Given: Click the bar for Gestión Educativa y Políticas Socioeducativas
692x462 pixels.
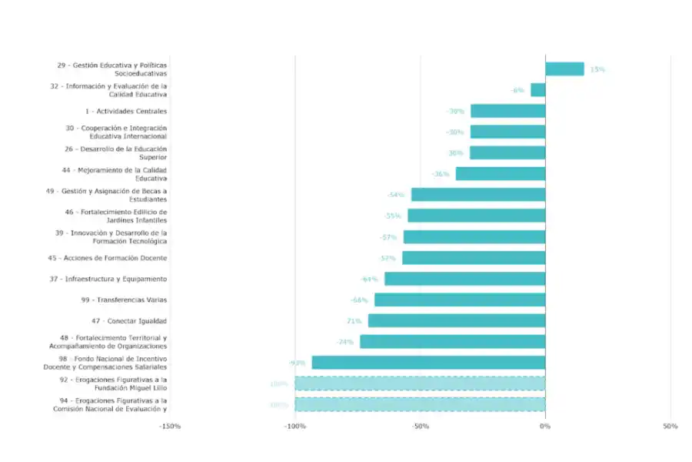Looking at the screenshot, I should pos(564,69).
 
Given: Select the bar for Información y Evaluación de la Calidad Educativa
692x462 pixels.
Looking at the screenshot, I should pos(537,90).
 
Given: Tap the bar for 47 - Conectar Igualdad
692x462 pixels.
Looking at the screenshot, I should pos(456,320).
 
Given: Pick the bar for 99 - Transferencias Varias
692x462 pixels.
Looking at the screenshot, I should pos(459,300).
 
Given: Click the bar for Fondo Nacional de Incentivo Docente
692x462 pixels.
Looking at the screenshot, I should pos(428,363).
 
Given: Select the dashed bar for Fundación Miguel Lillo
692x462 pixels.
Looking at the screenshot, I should pos(420,383).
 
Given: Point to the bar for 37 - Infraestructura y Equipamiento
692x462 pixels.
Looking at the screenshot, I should pos(464,279).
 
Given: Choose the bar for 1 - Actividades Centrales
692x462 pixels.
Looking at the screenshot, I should pos(507,111).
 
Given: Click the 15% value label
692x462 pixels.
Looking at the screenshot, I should pos(597,69).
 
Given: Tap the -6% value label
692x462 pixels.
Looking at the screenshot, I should pos(517,90).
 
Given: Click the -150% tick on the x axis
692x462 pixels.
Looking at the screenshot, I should pos(170,426).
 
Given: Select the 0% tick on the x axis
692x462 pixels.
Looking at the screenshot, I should pos(545,426).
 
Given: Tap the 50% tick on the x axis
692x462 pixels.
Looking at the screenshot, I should pos(670,426).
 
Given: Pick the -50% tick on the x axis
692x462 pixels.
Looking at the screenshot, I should pos(420,426).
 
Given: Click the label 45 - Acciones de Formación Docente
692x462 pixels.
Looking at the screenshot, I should pos(107,258).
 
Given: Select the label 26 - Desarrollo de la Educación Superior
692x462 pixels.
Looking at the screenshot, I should pos(115,152).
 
